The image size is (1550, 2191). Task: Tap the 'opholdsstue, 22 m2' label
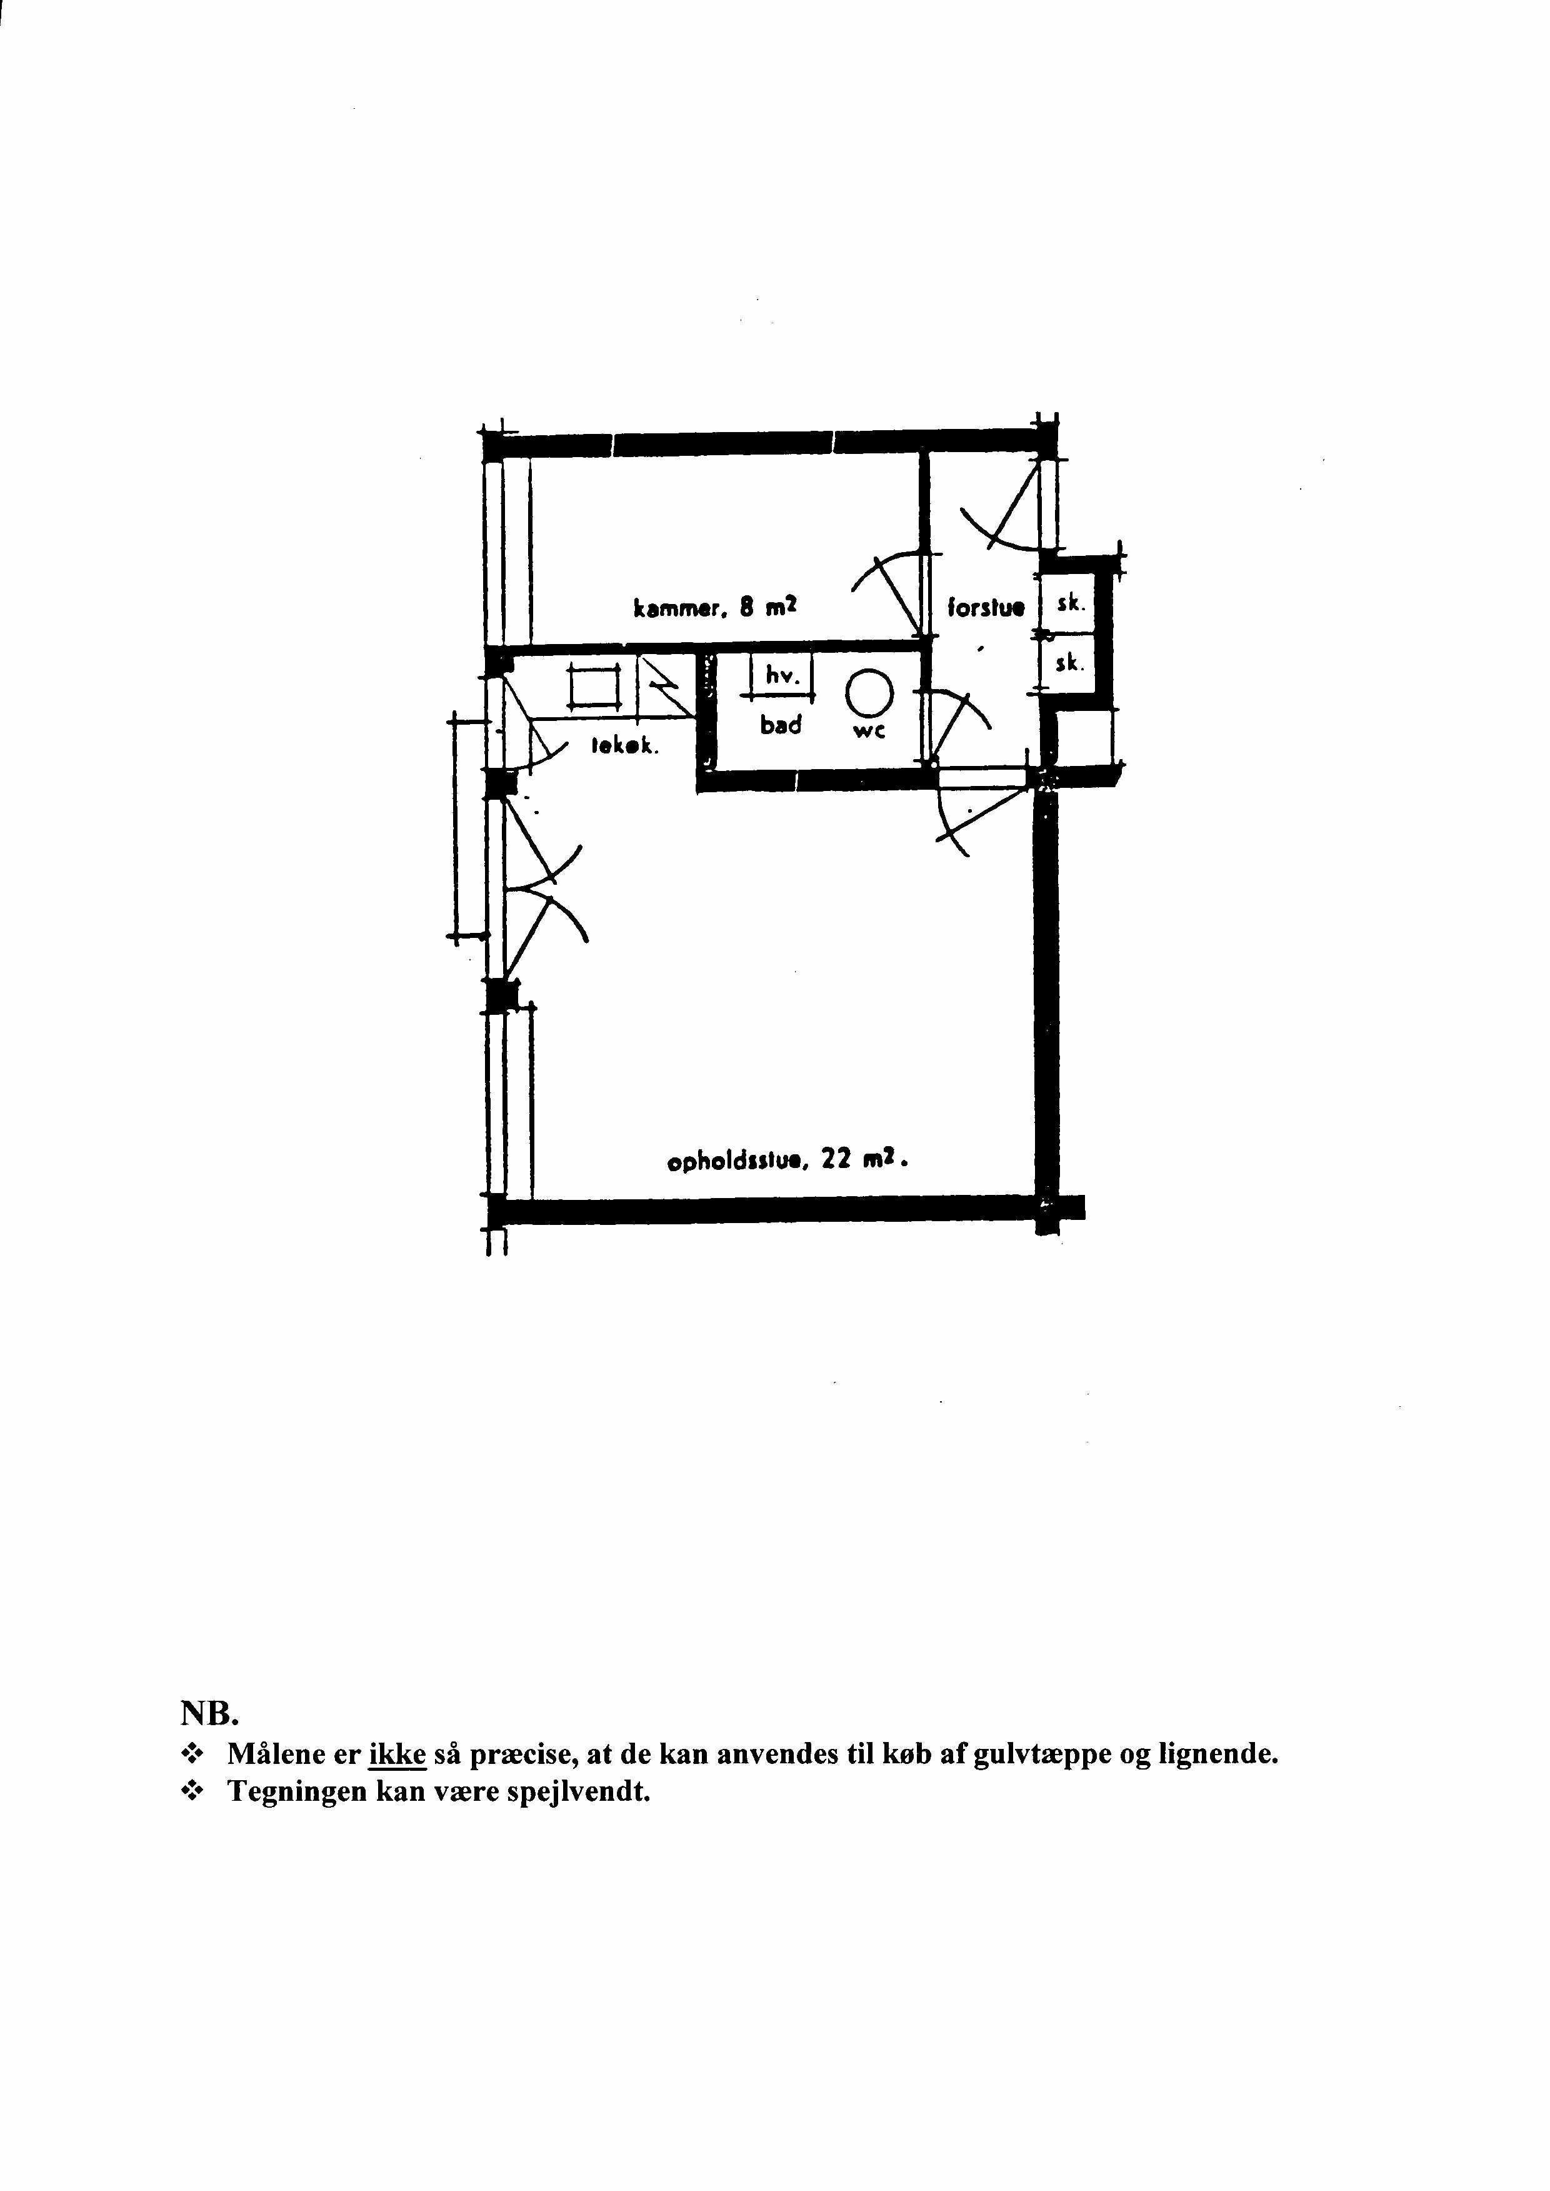[x=784, y=1162]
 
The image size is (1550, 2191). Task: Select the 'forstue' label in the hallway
[x=986, y=607]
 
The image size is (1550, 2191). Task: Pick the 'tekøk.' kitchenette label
[x=625, y=747]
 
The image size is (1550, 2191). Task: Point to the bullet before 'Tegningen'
[x=194, y=1793]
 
